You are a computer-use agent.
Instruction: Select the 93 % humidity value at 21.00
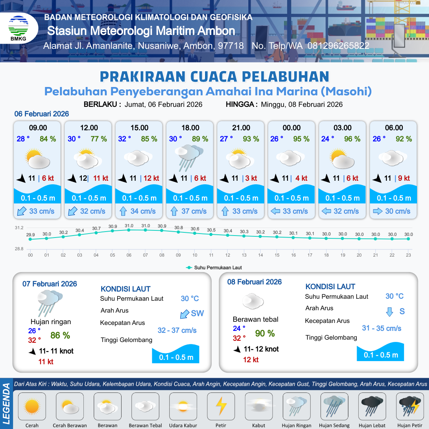[x=251, y=139]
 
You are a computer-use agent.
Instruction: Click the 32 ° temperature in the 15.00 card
[x=124, y=139]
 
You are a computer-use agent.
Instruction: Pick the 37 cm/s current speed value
[x=194, y=211]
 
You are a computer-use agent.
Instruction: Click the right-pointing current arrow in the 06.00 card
[x=377, y=211]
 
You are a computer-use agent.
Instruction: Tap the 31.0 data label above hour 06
[x=129, y=226]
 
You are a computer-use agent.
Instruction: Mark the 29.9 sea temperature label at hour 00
[x=30, y=235]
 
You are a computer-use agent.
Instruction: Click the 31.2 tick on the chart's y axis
[x=19, y=228]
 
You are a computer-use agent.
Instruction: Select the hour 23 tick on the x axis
[x=408, y=255]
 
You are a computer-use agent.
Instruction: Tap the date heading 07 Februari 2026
[x=50, y=284]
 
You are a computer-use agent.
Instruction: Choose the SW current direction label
[x=197, y=313]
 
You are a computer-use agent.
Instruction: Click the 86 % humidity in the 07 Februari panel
[x=60, y=336]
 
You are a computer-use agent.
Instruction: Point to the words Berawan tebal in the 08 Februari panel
[x=255, y=319]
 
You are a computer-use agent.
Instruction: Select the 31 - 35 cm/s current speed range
[x=381, y=329]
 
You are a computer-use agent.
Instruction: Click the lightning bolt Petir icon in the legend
[x=221, y=406]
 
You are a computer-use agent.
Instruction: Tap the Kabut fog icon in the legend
[x=259, y=406]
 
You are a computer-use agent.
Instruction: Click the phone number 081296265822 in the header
[x=338, y=46]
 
